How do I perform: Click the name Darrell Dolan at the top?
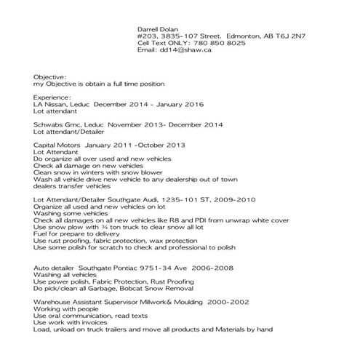(159, 25)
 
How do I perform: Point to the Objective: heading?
(50, 76)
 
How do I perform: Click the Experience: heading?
(52, 97)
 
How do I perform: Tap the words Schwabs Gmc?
(57, 125)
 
